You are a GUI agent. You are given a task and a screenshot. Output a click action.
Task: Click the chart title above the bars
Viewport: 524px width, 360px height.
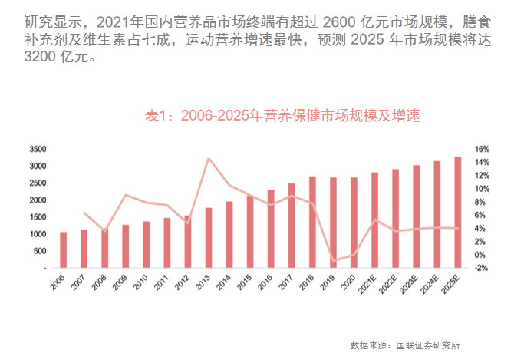283,116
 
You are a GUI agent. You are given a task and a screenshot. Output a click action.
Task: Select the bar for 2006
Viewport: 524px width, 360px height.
64,250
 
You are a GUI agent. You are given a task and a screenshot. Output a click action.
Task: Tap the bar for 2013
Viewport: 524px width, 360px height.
209,238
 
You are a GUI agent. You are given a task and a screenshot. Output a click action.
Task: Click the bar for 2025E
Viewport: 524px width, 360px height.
457,213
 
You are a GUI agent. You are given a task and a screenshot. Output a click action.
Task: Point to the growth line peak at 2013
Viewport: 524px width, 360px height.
209,159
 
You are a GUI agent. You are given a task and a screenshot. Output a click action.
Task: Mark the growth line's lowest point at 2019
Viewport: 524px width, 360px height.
333,261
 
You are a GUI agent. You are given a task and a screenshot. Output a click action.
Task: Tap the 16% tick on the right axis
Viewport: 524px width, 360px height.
482,149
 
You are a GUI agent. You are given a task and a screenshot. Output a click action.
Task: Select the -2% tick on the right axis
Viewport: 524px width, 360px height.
482,269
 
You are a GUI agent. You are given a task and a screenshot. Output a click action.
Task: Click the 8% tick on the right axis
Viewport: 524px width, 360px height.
482,202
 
